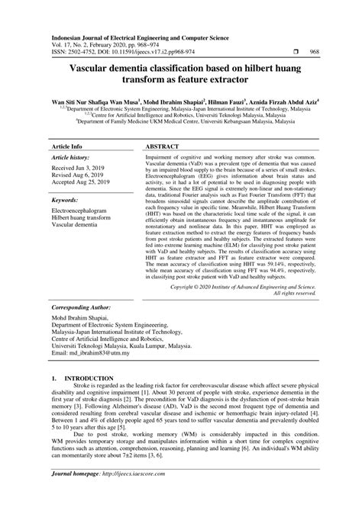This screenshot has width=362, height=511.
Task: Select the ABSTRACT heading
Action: pos(161,144)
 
